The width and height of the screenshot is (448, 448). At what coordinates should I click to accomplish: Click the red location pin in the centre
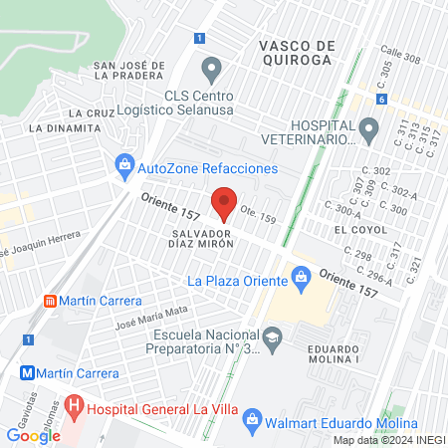point(224,203)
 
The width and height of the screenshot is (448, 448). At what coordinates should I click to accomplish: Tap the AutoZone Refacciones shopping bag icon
point(124,163)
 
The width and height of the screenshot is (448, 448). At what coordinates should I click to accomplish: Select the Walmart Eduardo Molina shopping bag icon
point(253,419)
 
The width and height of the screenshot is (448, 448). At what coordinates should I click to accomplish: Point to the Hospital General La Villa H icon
point(73,408)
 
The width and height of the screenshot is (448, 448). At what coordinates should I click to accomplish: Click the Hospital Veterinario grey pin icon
point(368,127)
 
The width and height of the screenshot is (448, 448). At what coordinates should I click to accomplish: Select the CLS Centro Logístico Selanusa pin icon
point(210,70)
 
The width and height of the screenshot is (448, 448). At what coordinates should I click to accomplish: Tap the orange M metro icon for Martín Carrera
point(29,373)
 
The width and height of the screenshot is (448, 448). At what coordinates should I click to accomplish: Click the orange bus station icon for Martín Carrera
point(50,301)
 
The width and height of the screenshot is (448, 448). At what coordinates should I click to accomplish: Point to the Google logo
point(34,435)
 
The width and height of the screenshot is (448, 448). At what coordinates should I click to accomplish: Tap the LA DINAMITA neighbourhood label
point(59,127)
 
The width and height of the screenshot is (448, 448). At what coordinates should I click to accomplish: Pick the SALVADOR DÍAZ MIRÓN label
point(195,240)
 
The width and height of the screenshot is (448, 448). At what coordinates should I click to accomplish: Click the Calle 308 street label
point(398,59)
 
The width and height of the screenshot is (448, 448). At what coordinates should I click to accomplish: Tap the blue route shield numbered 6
point(381,100)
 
